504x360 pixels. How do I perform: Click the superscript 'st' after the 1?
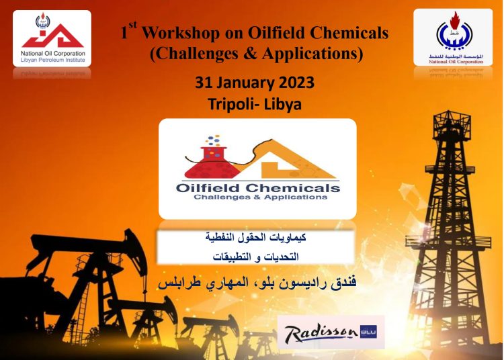pyautogui.click(x=134, y=26)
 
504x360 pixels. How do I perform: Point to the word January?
pyautogui.click(x=244, y=83)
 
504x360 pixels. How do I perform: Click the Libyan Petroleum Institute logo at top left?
pyautogui.click(x=52, y=38)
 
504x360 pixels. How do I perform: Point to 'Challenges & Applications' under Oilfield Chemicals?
pyautogui.click(x=260, y=197)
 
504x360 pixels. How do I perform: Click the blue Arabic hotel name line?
pyautogui.click(x=256, y=283)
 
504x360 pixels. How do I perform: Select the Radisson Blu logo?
pyautogui.click(x=331, y=332)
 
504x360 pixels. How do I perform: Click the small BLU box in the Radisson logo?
pyautogui.click(x=370, y=330)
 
